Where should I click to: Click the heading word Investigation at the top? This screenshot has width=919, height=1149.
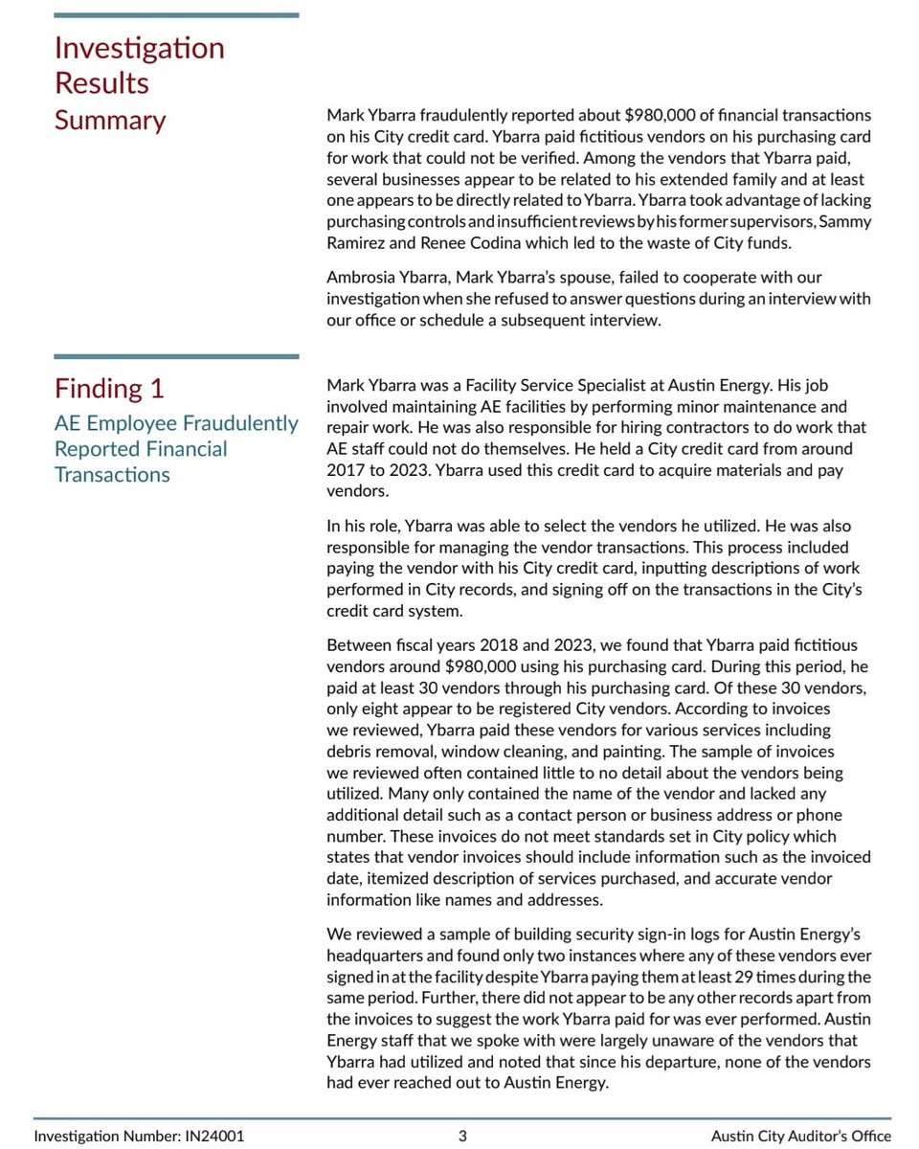pos(140,48)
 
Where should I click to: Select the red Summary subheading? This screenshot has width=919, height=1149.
pos(110,121)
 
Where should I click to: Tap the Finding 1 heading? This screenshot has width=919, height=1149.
pos(109,389)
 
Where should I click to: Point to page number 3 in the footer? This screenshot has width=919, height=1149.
pos(462,1137)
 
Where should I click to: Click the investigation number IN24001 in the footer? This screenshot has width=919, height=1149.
pos(213,1137)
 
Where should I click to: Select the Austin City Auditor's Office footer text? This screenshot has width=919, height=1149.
pos(800,1137)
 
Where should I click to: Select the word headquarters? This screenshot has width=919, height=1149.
pos(373,956)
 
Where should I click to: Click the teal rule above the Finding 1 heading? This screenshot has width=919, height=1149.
pos(176,357)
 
